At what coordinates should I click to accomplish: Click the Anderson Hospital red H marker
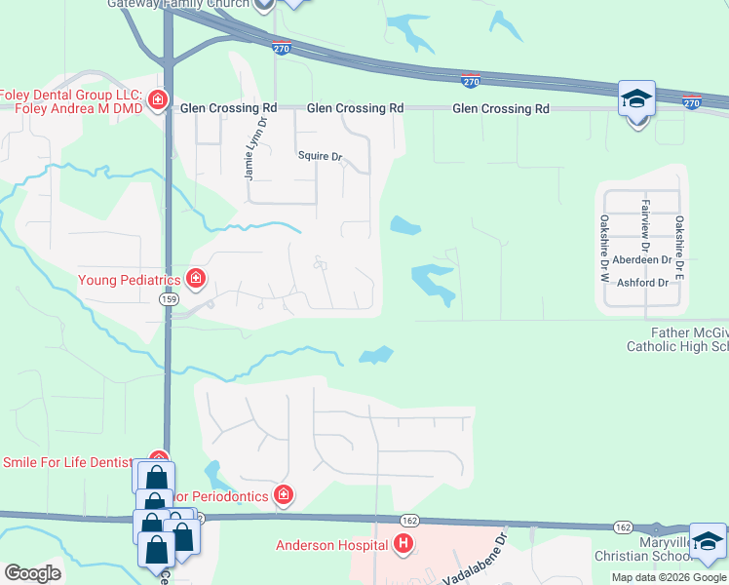[x=403, y=545]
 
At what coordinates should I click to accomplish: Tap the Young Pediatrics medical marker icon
[x=195, y=281]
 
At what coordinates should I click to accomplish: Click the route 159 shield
[x=168, y=301]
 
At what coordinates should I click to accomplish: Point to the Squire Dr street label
[x=321, y=156]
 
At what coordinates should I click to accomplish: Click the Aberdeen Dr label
[x=639, y=260]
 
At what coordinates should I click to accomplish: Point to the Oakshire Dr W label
[x=604, y=249]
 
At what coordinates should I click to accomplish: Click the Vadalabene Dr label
[x=476, y=560]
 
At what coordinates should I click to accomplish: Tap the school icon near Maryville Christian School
[x=708, y=541]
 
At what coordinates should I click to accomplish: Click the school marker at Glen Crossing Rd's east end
[x=636, y=98]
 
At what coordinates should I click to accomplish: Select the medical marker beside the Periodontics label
[x=283, y=496]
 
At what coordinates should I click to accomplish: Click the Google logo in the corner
[x=32, y=573]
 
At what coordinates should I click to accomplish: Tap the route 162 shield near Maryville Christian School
[x=623, y=526]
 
